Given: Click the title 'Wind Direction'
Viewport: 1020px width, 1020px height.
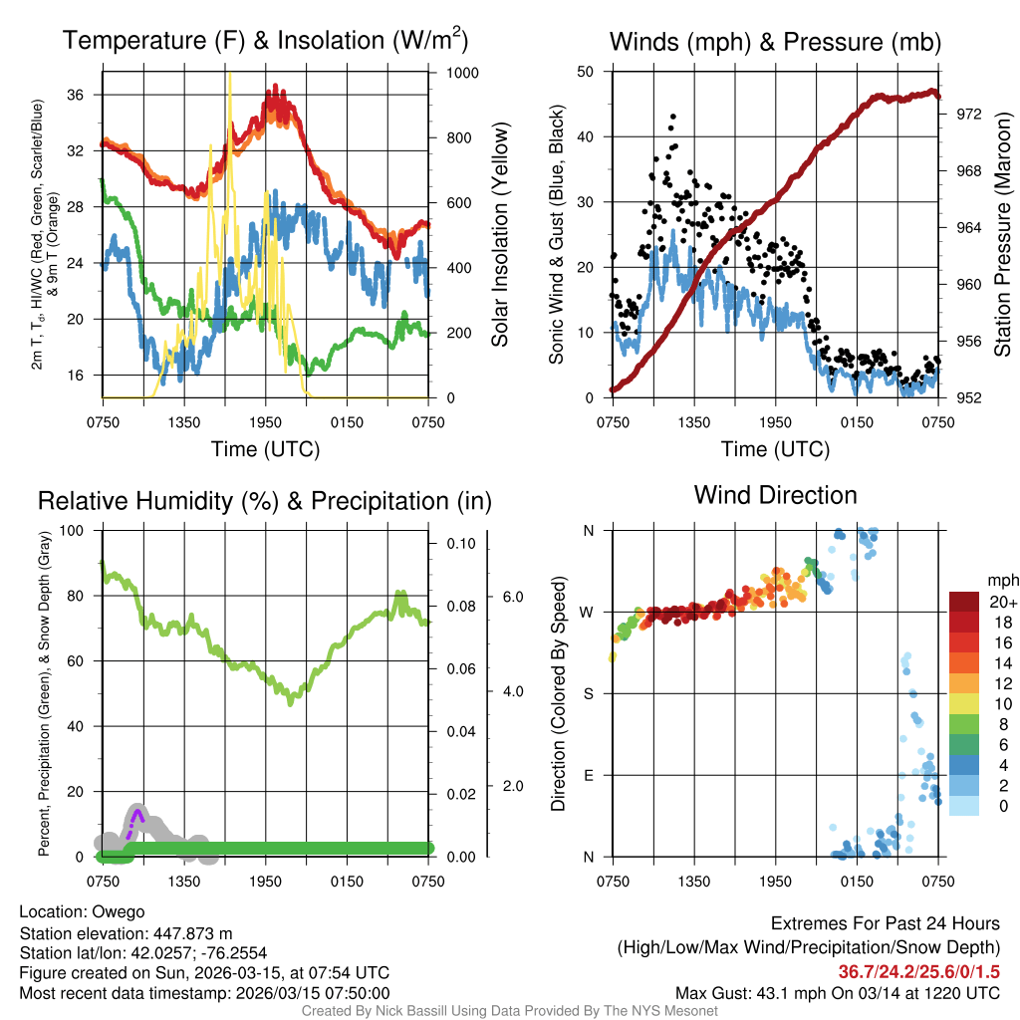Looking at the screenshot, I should point(775,495).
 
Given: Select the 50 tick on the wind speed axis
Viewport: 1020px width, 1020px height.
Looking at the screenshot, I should point(587,72).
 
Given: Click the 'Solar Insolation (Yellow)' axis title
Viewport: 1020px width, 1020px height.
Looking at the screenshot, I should point(500,235).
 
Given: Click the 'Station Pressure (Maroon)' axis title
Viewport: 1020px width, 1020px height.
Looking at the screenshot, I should point(1002,235).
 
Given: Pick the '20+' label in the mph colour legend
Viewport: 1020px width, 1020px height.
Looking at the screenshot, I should point(1001,602).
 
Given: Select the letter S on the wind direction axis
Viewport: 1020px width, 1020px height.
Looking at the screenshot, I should point(588,693).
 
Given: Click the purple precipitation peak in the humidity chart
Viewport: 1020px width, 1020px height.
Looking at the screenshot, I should point(137,814).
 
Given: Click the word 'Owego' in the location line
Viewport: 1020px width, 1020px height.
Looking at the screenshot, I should point(119,911).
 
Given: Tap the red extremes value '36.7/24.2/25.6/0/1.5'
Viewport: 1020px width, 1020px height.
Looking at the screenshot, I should point(918,971).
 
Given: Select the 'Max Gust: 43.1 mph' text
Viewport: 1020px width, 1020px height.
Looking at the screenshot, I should point(752,992).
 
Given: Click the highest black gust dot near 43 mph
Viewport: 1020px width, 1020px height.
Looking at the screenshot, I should point(672,117).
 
